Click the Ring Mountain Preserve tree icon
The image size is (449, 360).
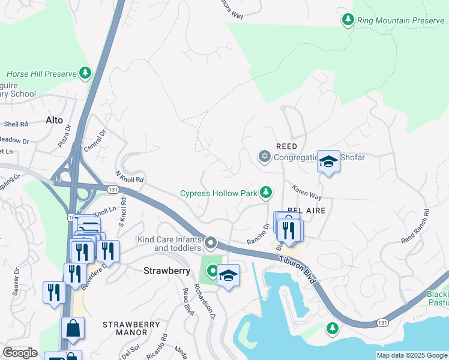tap(348, 20)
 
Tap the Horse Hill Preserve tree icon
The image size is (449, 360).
tap(86, 74)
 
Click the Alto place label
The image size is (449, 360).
tap(54, 120)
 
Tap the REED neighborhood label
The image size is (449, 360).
tap(286, 146)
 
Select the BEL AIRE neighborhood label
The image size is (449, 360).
tap(307, 211)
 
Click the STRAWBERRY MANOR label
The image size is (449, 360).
tap(132, 328)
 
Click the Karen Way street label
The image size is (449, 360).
tap(307, 193)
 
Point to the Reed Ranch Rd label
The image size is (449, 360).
tap(416, 226)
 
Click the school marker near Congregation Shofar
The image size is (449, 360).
tap(328, 161)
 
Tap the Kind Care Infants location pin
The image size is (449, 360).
tap(210, 242)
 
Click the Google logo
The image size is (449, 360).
tap(20, 353)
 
